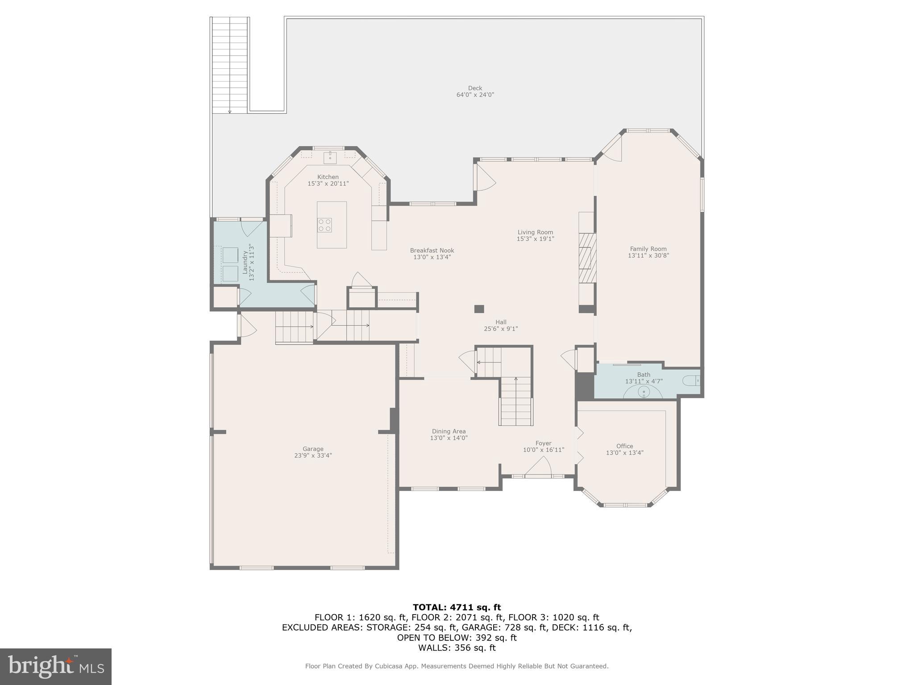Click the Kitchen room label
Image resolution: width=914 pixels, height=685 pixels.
[328, 177]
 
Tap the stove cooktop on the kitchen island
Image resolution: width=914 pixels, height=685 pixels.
[325, 225]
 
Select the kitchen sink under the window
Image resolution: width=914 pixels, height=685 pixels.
[330, 156]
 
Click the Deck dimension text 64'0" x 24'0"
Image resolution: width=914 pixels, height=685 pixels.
[475, 95]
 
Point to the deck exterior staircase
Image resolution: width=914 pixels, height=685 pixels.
[230, 65]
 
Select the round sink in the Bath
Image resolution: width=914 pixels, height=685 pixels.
[644, 392]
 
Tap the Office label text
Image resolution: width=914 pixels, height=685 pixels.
[624, 446]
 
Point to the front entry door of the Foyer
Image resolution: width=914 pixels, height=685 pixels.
[538, 468]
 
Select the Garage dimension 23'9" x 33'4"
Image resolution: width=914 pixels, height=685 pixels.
[313, 456]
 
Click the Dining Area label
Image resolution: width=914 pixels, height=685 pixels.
[449, 431]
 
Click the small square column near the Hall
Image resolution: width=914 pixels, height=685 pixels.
[479, 309]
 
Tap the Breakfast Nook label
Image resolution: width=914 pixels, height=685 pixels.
[432, 251]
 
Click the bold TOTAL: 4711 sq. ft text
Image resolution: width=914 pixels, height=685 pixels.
[457, 607]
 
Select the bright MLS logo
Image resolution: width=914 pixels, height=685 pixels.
[56, 666]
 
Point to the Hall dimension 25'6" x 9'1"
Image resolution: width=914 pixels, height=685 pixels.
[501, 329]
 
